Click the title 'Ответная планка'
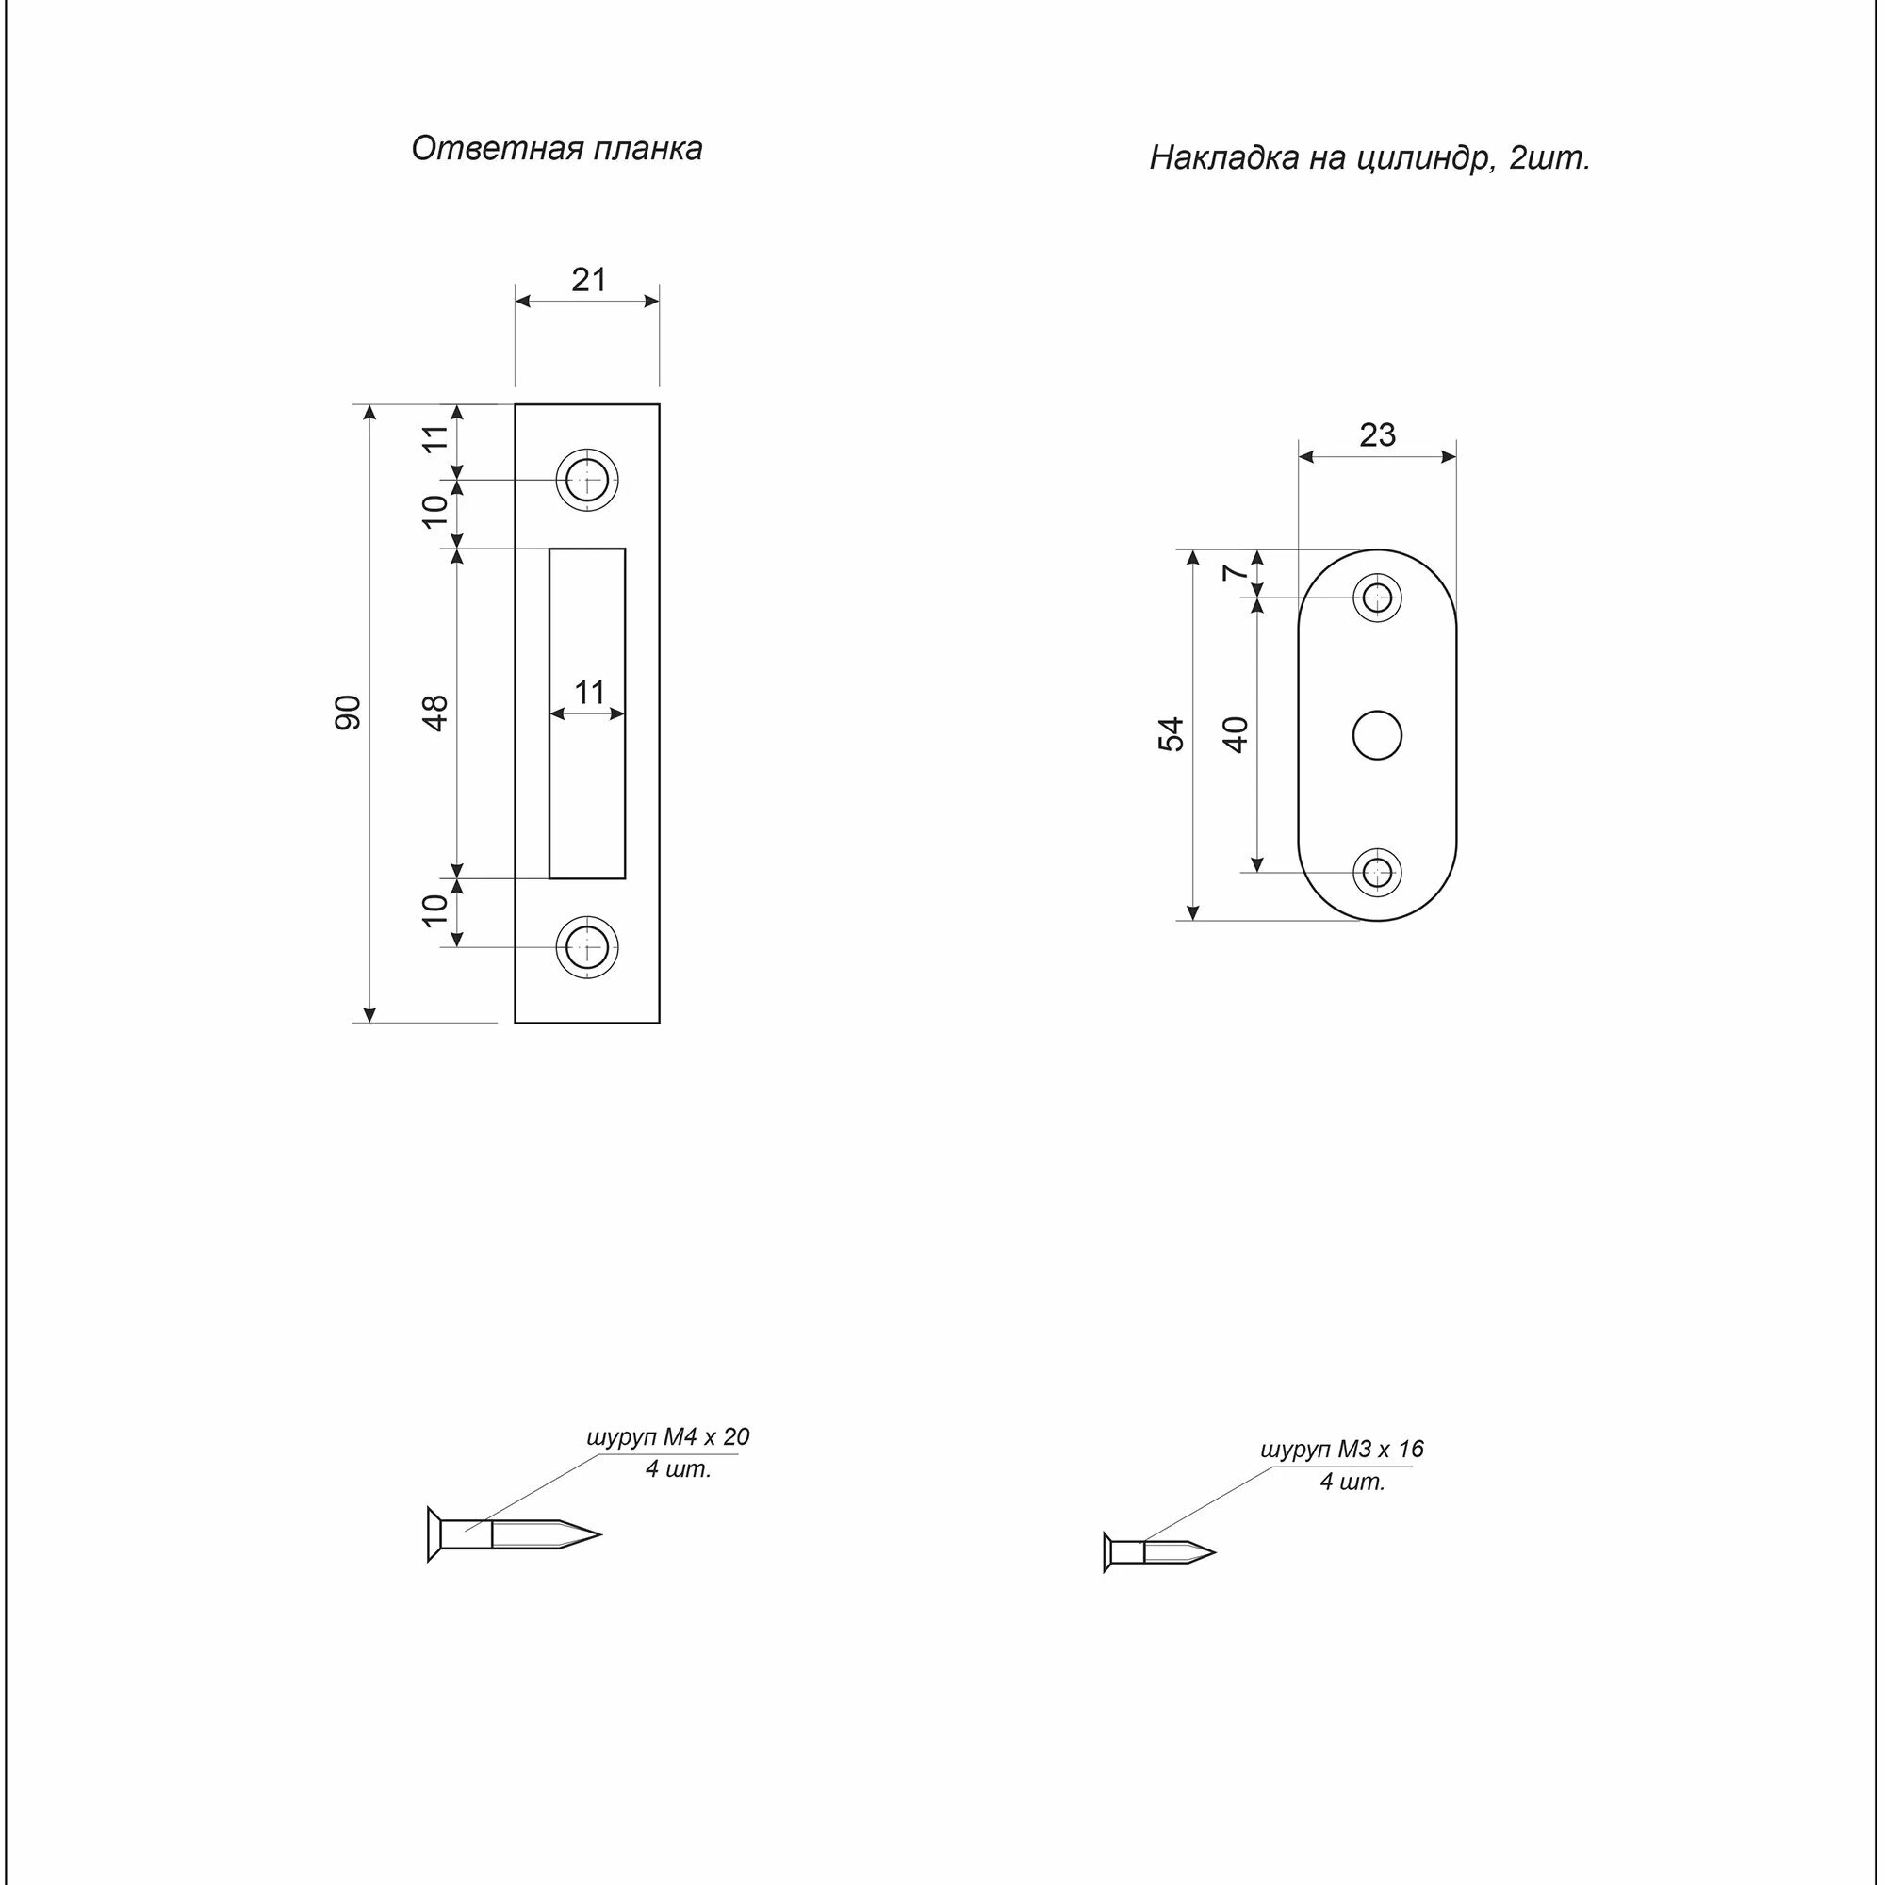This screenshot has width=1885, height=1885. pos(556,148)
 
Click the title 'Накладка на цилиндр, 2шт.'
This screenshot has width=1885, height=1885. pos(1369,158)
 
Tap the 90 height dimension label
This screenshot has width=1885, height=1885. pos(349,713)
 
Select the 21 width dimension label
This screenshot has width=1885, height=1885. pos(588,280)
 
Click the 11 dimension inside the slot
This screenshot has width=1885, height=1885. pos(588,693)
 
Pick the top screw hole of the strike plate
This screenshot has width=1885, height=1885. pos(586,479)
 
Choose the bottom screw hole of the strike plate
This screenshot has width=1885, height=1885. pos(586,946)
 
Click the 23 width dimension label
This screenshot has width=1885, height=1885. pos(1377,435)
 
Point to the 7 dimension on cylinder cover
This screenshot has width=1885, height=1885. pos(1236,573)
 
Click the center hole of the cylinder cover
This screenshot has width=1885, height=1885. pos(1378,736)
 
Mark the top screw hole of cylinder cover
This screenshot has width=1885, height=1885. pos(1378,598)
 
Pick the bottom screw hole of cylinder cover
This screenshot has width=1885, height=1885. pos(1378,871)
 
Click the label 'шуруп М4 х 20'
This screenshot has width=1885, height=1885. pos(667,1437)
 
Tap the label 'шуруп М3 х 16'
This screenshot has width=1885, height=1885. pos(1341,1449)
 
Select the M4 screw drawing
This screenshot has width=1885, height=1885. pos(512,1534)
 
